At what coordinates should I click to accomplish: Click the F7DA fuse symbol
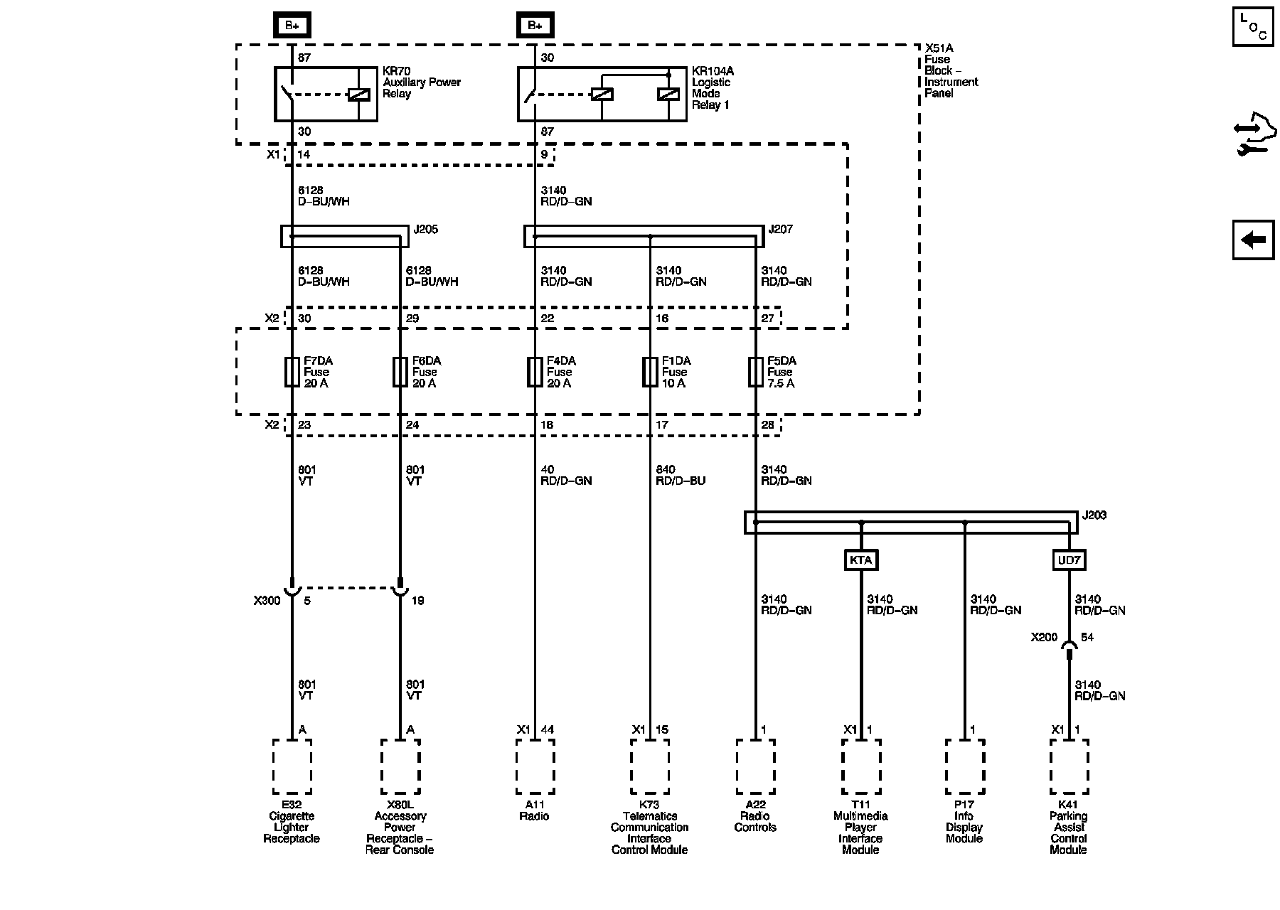point(292,372)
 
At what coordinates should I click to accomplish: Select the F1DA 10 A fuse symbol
point(650,372)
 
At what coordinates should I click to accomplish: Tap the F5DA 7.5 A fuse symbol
point(755,372)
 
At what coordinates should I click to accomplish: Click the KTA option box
point(860,560)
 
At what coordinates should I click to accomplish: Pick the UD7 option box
point(1069,560)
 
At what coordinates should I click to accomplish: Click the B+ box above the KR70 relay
point(292,26)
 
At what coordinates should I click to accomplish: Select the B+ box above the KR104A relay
point(535,26)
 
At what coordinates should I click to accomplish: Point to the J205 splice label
point(425,230)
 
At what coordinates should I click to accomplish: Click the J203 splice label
point(1094,515)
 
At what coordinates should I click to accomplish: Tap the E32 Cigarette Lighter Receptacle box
point(292,766)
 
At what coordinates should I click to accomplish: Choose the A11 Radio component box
point(535,766)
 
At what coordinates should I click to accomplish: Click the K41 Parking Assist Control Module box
point(1069,766)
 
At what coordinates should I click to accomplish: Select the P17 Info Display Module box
point(965,766)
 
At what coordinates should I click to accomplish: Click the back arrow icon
point(1253,240)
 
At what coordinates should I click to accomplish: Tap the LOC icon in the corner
point(1253,26)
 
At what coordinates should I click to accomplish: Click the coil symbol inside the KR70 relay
point(358,95)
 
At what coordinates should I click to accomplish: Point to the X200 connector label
point(1044,638)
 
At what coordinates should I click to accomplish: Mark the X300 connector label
point(267,601)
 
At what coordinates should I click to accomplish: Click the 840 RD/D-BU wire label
point(680,476)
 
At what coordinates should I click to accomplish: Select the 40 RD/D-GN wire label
point(565,476)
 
